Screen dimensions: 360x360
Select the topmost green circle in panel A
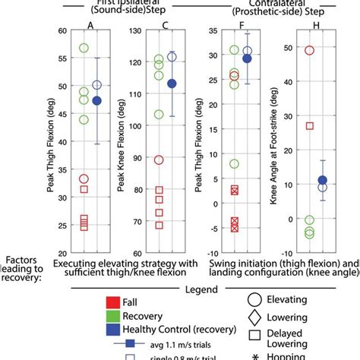[x=84, y=49]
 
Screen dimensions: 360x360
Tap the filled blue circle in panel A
[x=96, y=100]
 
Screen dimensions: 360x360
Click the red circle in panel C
[x=159, y=159]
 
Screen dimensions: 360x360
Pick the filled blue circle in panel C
[x=172, y=84]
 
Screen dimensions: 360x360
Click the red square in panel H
[x=309, y=125]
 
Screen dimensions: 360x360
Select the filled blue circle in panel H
[x=322, y=180]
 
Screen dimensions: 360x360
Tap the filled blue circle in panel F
[x=247, y=58]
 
